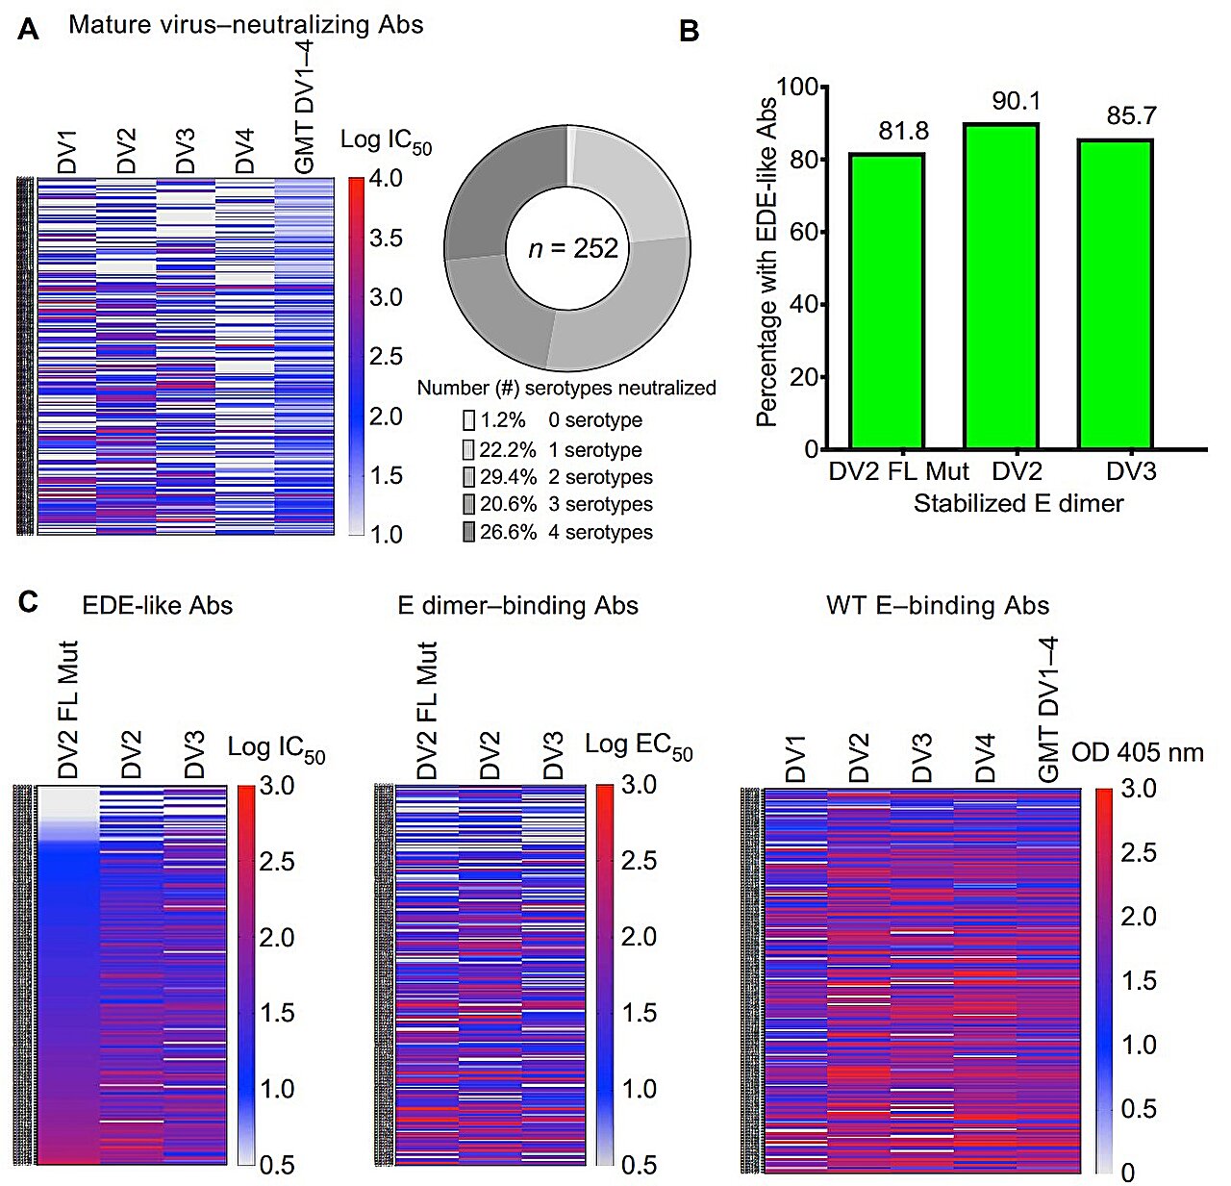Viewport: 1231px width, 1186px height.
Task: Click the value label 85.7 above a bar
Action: pyautogui.click(x=1131, y=116)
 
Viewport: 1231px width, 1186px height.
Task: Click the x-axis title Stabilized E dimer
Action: pyautogui.click(x=1017, y=503)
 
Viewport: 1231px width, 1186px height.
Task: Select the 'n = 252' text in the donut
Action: pyautogui.click(x=573, y=249)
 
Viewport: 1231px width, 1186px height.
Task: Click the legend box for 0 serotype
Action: pyautogui.click(x=469, y=420)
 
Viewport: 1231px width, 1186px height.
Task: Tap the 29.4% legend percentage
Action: pyautogui.click(x=508, y=477)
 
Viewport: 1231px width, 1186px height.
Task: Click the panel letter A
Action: pyautogui.click(x=29, y=30)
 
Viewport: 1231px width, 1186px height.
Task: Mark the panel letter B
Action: pyautogui.click(x=689, y=32)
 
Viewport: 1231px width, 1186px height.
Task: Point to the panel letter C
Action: pyautogui.click(x=29, y=602)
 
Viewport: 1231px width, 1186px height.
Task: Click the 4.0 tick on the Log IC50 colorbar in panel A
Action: pyautogui.click(x=386, y=179)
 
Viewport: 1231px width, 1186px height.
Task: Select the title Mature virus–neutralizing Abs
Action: pyautogui.click(x=245, y=25)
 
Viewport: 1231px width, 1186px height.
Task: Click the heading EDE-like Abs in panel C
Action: pyautogui.click(x=158, y=605)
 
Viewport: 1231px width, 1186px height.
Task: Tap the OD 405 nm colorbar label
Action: pyautogui.click(x=1137, y=752)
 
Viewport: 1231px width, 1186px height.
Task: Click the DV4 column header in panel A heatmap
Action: pyautogui.click(x=245, y=152)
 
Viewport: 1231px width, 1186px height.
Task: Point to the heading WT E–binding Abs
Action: pyautogui.click(x=938, y=605)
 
